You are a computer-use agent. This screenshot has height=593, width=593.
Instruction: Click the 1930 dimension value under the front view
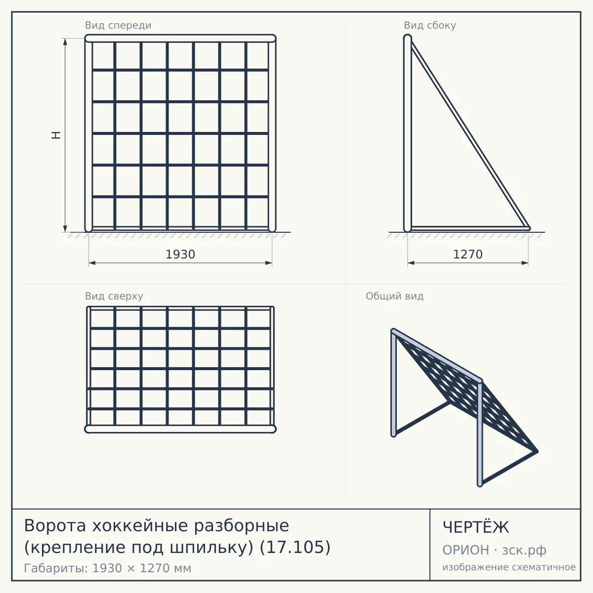pyautogui.click(x=180, y=254)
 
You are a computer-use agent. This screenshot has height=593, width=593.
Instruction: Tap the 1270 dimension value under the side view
pyautogui.click(x=468, y=254)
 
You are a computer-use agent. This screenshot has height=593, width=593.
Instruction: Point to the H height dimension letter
pyautogui.click(x=56, y=135)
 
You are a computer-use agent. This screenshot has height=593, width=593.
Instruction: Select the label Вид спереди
pyautogui.click(x=118, y=25)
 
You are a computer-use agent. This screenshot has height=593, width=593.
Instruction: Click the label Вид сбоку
pyautogui.click(x=430, y=25)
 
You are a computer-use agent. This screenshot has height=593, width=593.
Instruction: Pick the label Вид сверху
pyautogui.click(x=114, y=296)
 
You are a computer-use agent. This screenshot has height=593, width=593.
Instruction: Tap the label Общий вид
pyautogui.click(x=394, y=296)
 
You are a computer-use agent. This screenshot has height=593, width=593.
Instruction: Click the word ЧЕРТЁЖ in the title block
pyautogui.click(x=476, y=527)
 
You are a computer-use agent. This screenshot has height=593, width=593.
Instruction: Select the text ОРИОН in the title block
pyautogui.click(x=466, y=550)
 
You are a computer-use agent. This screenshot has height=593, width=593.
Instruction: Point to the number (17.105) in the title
pyautogui.click(x=295, y=548)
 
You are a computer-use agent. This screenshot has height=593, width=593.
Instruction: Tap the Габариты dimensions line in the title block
pyautogui.click(x=107, y=568)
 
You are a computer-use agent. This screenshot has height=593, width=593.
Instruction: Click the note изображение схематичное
pyautogui.click(x=509, y=567)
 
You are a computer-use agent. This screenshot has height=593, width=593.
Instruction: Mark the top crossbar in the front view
pyautogui.click(x=180, y=39)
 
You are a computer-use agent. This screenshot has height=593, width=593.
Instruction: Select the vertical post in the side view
pyautogui.click(x=407, y=133)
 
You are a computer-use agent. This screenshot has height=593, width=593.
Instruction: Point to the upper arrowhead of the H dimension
pyautogui.click(x=65, y=42)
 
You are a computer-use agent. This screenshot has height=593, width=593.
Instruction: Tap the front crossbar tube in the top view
pyautogui.click(x=180, y=429)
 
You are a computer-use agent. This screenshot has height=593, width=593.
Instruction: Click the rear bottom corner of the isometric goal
pyautogui.click(x=536, y=452)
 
